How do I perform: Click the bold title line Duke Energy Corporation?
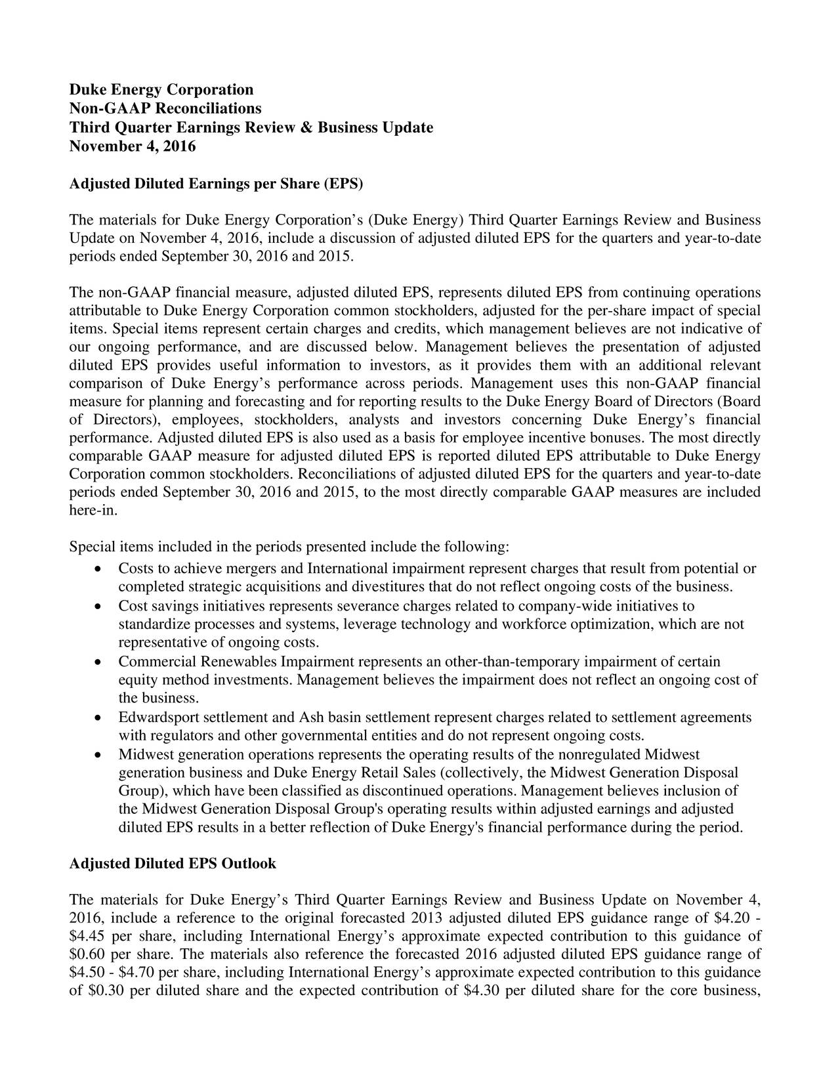click(161, 89)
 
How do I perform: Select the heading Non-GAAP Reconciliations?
click(165, 108)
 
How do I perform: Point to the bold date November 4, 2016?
click(133, 146)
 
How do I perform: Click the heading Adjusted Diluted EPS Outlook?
click(173, 864)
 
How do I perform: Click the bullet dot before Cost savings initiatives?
click(98, 607)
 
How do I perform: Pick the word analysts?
click(372, 419)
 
